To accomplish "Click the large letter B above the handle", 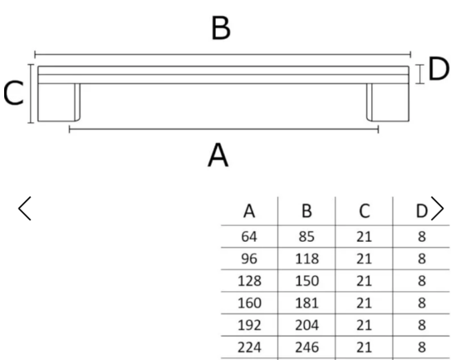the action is [221, 28].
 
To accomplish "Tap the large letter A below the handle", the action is [218, 155].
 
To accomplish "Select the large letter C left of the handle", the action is [13, 93].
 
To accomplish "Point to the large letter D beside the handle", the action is [439, 68].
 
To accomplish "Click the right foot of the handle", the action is [388, 102].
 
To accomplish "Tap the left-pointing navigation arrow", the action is [24, 209].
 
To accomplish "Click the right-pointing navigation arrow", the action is [438, 209].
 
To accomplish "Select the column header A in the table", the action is [249, 211].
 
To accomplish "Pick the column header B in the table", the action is [306, 211].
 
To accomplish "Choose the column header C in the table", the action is [364, 211].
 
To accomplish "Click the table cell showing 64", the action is [249, 237].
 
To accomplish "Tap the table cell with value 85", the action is [306, 237].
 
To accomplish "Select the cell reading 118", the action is [307, 259].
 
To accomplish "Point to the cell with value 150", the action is [307, 281].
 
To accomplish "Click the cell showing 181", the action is [307, 303].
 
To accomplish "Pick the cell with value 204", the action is [307, 325].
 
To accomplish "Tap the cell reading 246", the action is [307, 347].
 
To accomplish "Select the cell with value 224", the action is [249, 347].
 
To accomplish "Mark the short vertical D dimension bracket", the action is [420, 74].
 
